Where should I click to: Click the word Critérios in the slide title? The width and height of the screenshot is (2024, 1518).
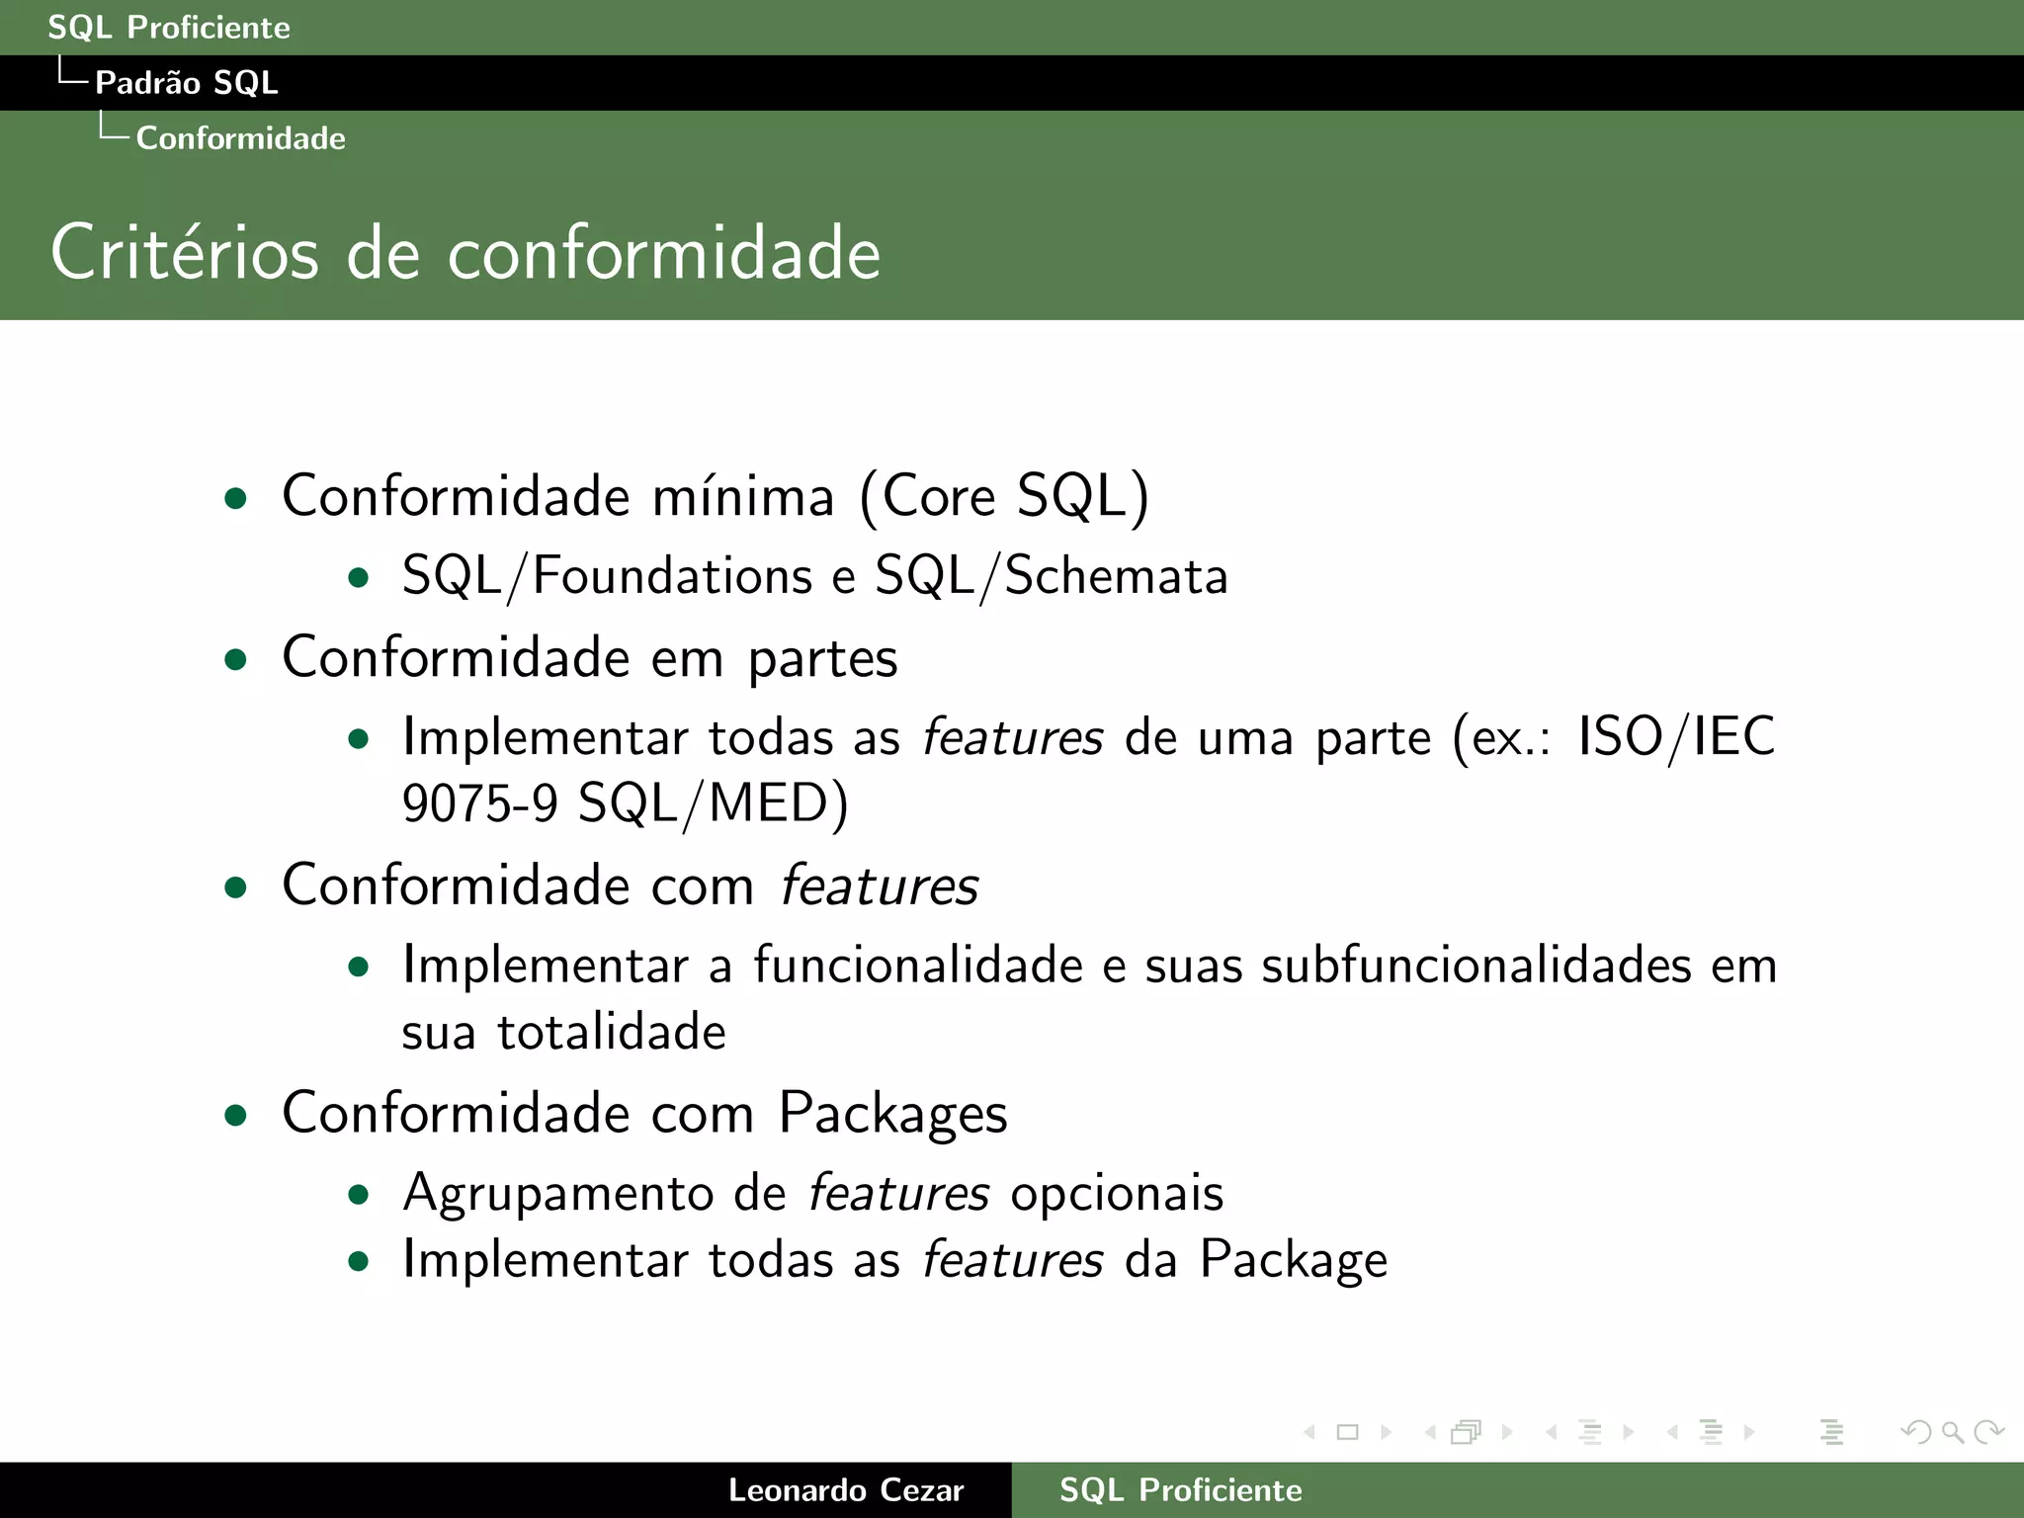click(x=185, y=253)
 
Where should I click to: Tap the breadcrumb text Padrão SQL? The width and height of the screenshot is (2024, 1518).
click(x=186, y=83)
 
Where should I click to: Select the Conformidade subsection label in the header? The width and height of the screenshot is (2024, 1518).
click(x=240, y=138)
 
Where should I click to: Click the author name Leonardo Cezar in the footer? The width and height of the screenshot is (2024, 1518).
click(x=845, y=1489)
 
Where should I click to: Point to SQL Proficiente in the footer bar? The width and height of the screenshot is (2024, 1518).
click(x=1180, y=1489)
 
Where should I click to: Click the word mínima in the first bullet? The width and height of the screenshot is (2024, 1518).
click(x=742, y=496)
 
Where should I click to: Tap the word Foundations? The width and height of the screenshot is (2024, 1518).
click(x=672, y=576)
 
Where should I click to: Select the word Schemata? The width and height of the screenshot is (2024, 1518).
click(x=1116, y=576)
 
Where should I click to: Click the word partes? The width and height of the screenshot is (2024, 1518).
click(x=822, y=659)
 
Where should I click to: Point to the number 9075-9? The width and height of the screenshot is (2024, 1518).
click(x=480, y=802)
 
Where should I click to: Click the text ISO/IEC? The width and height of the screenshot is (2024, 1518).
click(x=1676, y=737)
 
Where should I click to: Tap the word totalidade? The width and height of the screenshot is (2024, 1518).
click(x=612, y=1033)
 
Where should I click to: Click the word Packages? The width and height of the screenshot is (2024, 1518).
click(x=892, y=1114)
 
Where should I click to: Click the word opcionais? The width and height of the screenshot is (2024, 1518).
click(x=1117, y=1193)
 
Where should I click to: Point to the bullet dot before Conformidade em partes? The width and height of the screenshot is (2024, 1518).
click(x=235, y=659)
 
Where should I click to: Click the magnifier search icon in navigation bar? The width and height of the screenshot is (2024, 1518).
click(x=1952, y=1432)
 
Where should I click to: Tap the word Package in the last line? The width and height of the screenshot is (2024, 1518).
click(x=1293, y=1261)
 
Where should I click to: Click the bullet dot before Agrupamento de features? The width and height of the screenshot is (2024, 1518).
click(x=359, y=1195)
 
